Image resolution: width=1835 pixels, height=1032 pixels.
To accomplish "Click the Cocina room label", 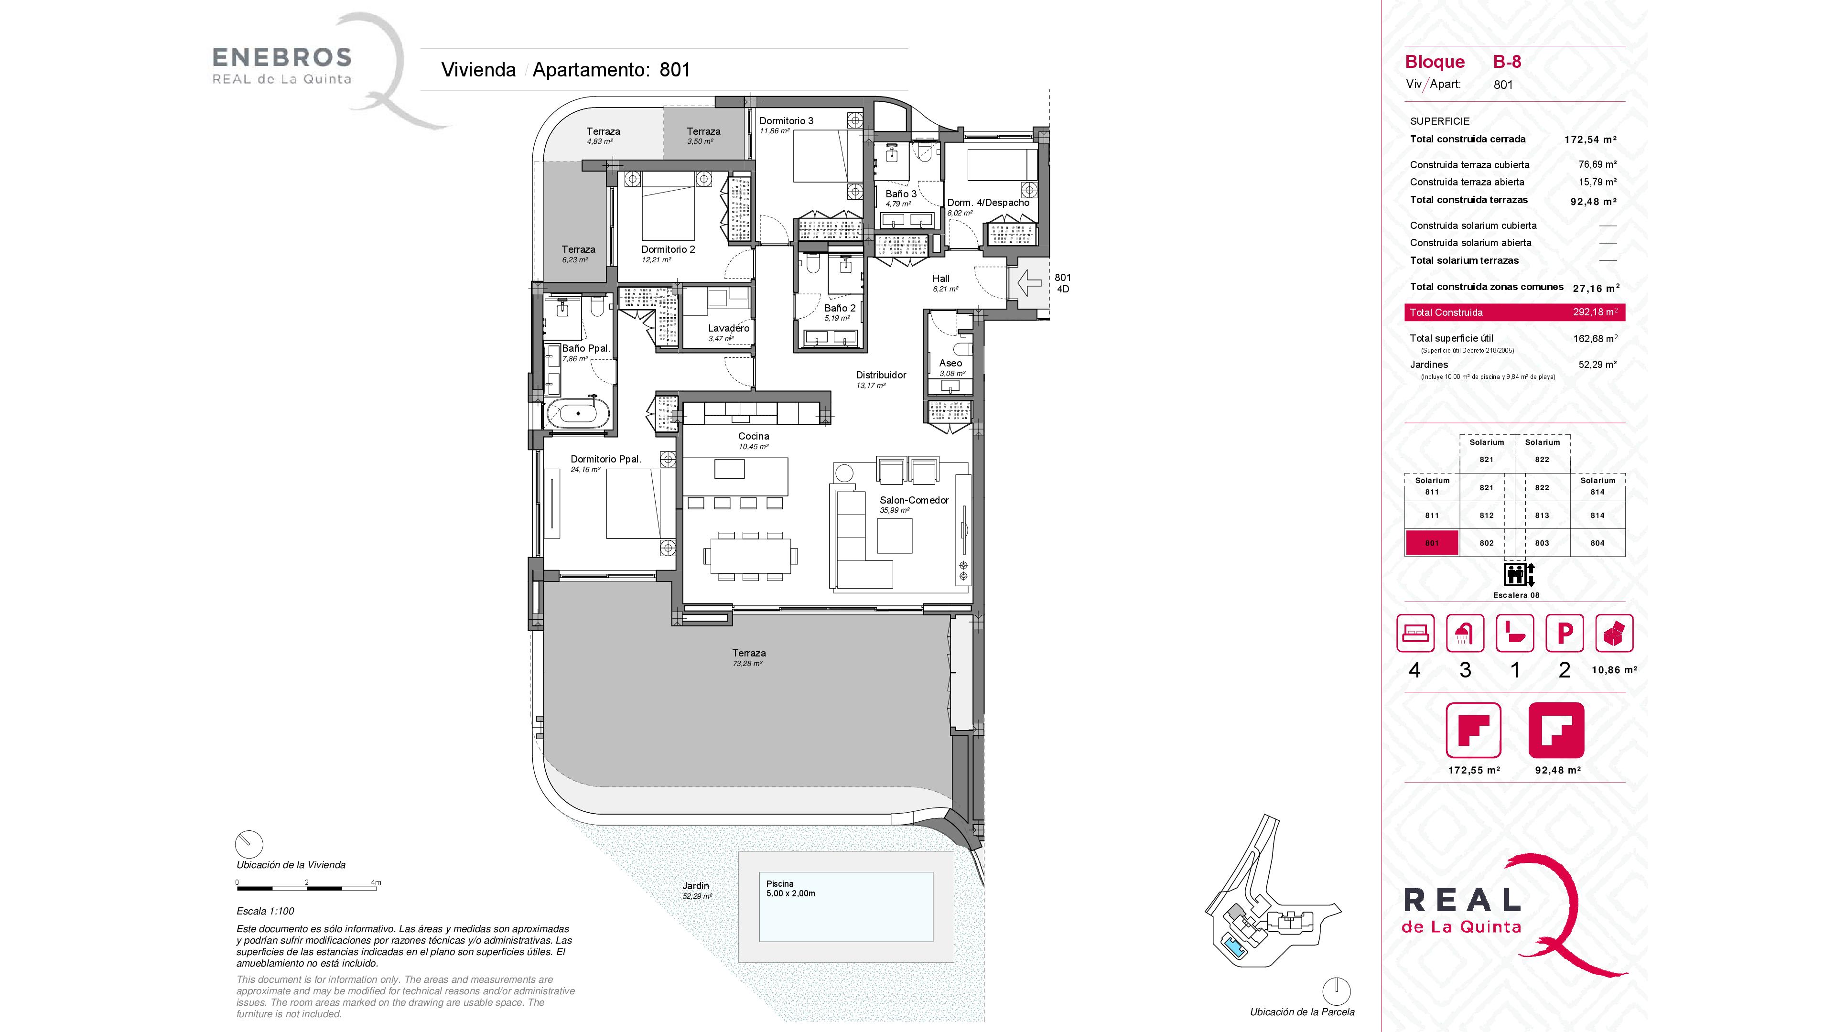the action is [x=753, y=436].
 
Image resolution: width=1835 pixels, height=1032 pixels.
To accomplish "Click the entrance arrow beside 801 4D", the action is [x=1030, y=283].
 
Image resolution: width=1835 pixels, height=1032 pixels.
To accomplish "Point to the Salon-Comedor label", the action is [x=914, y=500].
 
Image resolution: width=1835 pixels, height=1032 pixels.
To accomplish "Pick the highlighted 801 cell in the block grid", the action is [x=1431, y=543].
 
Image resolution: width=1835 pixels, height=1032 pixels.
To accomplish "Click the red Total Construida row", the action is [x=1514, y=312].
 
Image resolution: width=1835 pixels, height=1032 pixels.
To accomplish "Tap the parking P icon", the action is [x=1565, y=633].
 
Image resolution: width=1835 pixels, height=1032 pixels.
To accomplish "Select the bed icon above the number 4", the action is [x=1414, y=633].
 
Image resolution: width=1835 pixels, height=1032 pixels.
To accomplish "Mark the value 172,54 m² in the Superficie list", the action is [x=1590, y=140].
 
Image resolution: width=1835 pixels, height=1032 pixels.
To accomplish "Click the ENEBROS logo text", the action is [x=282, y=57].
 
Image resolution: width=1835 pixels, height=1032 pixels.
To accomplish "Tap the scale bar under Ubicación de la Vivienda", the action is [x=307, y=888].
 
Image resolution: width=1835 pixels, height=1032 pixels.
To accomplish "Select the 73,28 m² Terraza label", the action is [x=748, y=657].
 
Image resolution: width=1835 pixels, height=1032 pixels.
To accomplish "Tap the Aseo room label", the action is [x=950, y=363].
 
